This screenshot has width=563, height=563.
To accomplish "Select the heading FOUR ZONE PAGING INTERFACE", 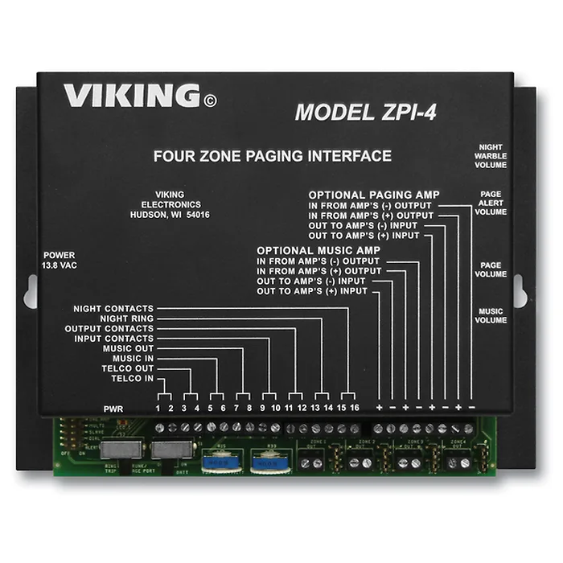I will click(x=273, y=156).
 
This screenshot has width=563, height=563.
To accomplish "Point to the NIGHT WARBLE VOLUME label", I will click(x=491, y=156).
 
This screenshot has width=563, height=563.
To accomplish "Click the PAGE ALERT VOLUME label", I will click(x=491, y=203).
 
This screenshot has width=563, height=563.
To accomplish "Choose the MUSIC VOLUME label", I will click(x=491, y=315).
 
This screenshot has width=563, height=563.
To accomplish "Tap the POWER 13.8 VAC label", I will click(x=60, y=259).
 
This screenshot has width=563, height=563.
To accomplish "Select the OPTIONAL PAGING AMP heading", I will click(x=374, y=195).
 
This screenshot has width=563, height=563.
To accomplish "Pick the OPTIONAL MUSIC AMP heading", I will click(x=318, y=250).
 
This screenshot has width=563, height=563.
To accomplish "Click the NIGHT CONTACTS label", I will click(x=113, y=308).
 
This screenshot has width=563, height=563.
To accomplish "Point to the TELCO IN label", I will click(x=133, y=378).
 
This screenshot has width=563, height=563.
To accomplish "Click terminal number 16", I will click(x=354, y=409).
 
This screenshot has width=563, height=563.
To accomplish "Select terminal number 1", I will click(x=158, y=409).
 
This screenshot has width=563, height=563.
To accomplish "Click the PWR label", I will click(x=113, y=409).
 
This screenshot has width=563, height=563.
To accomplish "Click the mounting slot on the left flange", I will click(x=31, y=291).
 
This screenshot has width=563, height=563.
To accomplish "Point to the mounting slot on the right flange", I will click(x=519, y=290).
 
